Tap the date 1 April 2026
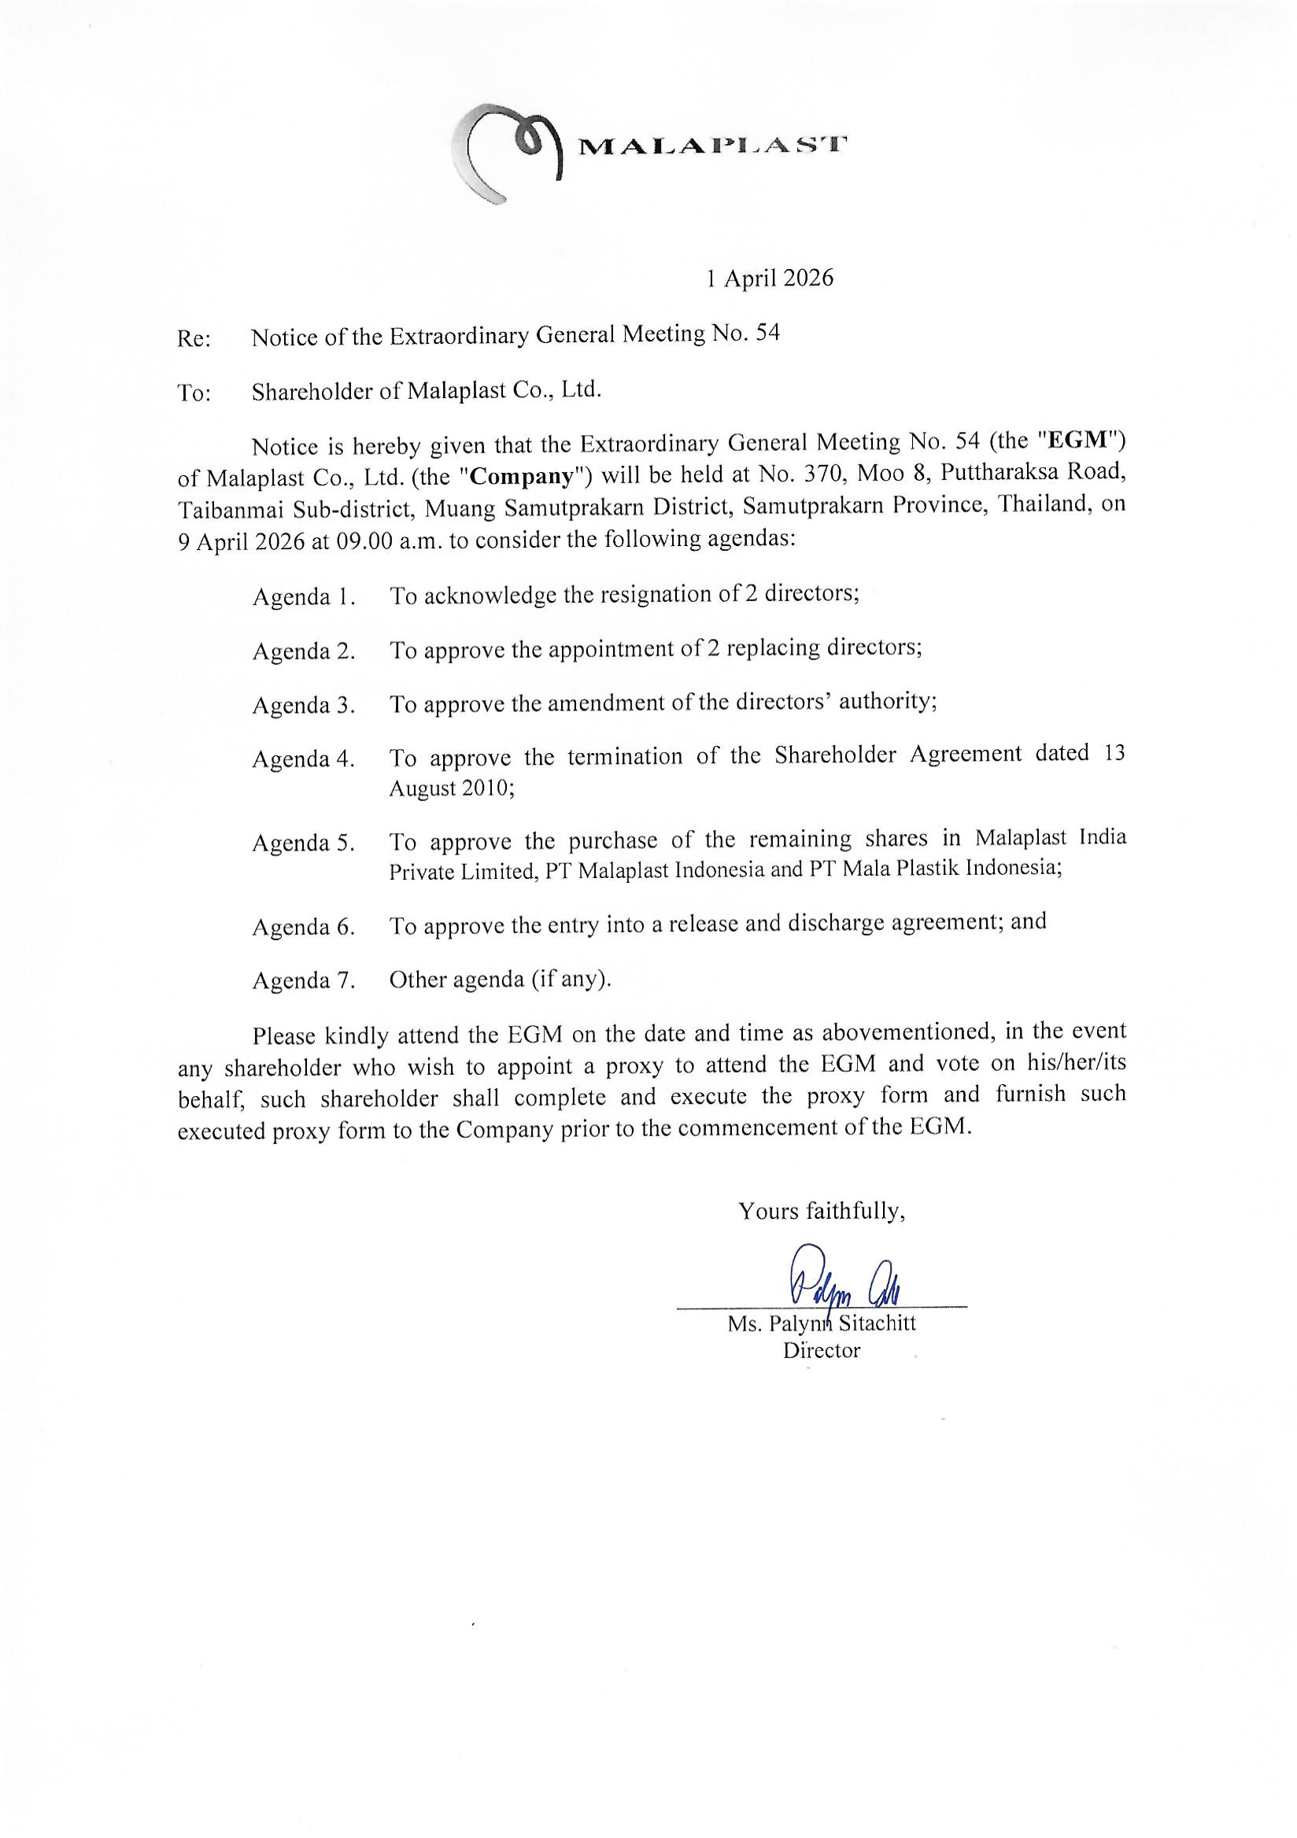pos(770,278)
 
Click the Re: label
pos(194,338)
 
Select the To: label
pos(194,393)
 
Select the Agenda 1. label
pos(304,597)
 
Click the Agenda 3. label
pos(304,705)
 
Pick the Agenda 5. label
pos(304,843)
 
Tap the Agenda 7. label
pos(304,980)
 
